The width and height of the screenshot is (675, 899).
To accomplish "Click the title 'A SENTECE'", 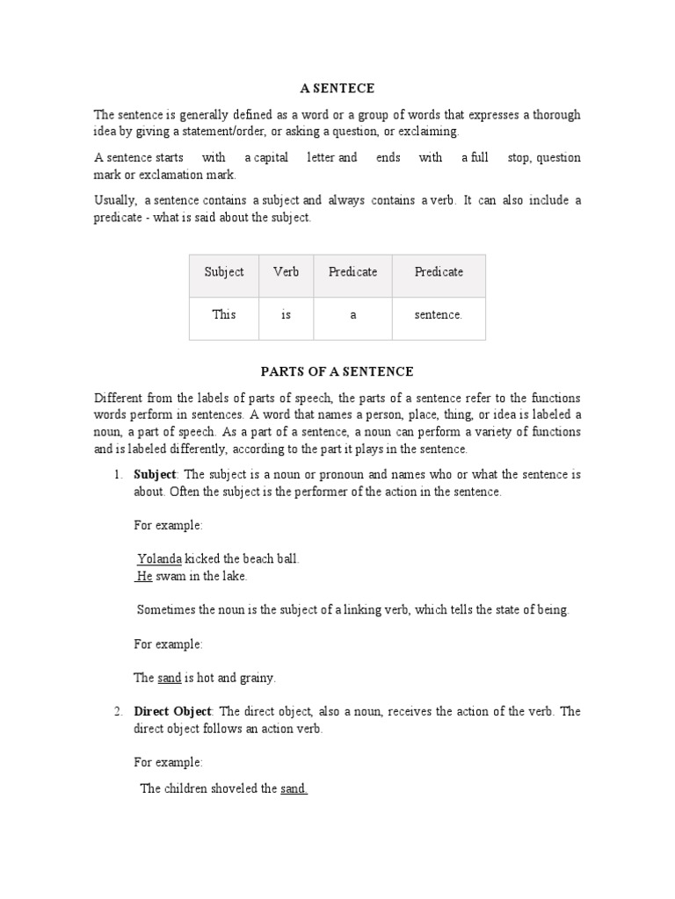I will tap(337, 89).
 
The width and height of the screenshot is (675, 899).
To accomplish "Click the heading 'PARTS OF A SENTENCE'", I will tap(337, 371).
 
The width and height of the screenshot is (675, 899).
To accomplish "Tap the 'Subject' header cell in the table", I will tap(224, 272).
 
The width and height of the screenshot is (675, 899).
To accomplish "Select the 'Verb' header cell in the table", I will tap(286, 272).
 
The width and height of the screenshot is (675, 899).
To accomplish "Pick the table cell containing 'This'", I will tap(224, 314).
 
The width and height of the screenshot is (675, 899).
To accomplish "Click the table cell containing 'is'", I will tap(286, 314).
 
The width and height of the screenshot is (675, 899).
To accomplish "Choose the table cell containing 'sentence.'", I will tap(438, 314).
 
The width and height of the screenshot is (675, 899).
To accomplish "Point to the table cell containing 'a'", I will tap(352, 314).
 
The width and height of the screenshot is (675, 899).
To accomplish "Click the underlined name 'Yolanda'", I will tap(160, 559).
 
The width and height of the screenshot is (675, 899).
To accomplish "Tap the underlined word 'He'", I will tap(145, 577).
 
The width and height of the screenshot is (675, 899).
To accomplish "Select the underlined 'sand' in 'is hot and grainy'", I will tap(170, 678).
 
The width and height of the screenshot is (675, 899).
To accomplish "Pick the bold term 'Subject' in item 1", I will tap(155, 475).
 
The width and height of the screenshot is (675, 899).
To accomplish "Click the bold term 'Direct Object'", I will tap(172, 712).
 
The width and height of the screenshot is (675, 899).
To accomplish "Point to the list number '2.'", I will tap(118, 712).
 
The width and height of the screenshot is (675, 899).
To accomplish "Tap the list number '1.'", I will tap(118, 475).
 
